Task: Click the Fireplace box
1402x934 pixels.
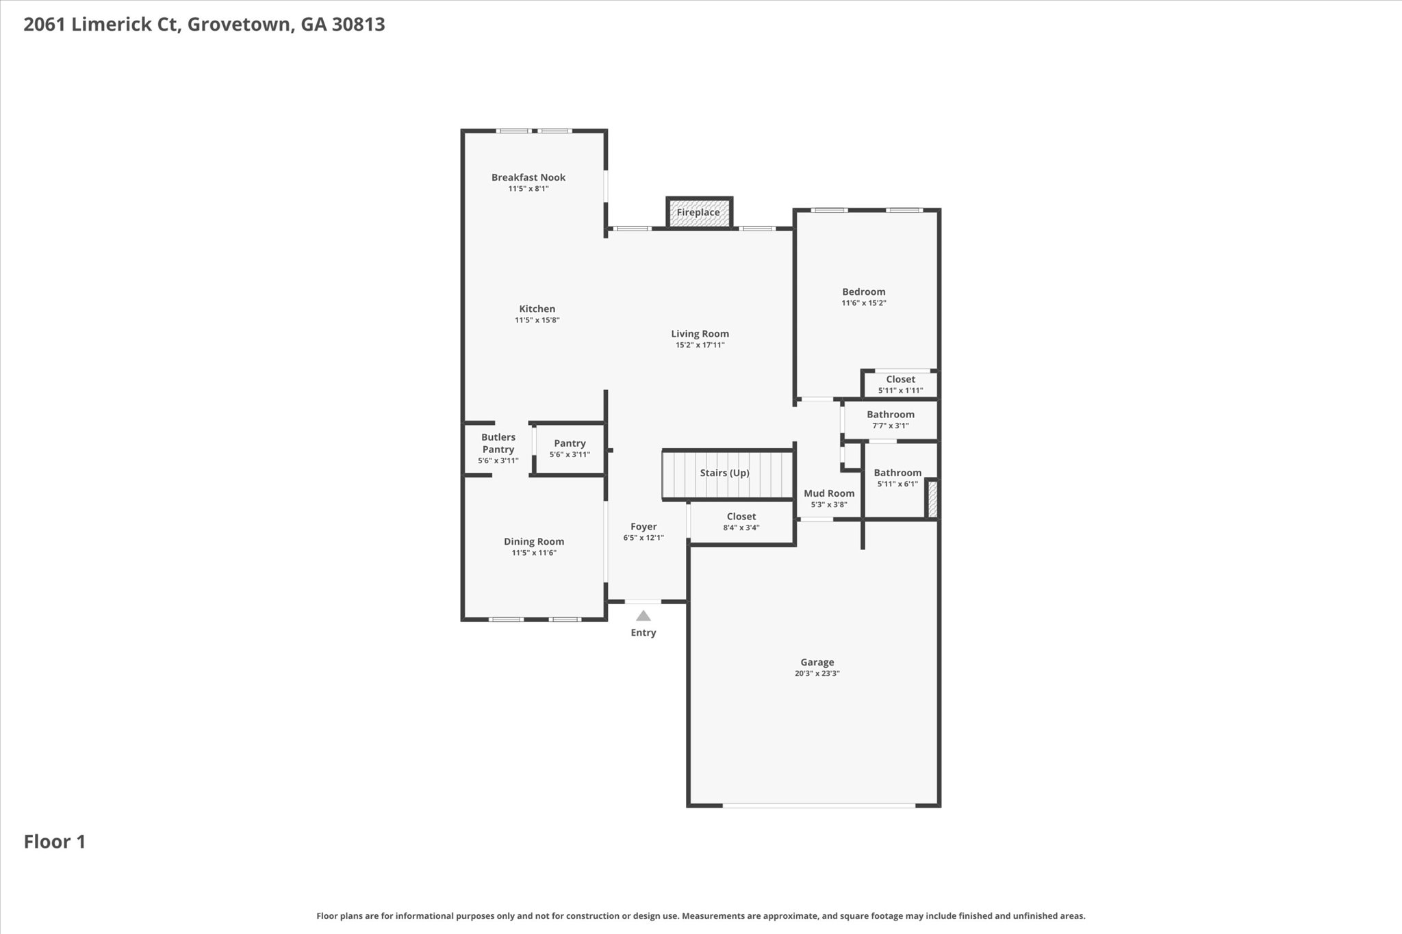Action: point(699,212)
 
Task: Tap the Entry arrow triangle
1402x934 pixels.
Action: point(643,616)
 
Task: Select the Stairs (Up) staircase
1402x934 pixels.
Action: point(727,474)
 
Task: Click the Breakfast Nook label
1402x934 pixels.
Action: point(528,177)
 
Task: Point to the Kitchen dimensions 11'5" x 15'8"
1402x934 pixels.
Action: point(537,320)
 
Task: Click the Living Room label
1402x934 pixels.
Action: point(700,334)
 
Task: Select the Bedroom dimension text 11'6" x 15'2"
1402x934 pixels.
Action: point(864,303)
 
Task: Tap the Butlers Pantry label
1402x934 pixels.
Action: point(498,443)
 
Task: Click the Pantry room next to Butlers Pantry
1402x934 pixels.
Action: point(570,448)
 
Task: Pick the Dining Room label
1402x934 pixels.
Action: point(534,542)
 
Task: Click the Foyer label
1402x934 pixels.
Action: point(643,527)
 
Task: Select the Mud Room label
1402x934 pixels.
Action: point(829,493)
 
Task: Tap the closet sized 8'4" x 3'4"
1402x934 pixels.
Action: point(741,523)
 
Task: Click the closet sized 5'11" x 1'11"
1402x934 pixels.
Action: point(900,385)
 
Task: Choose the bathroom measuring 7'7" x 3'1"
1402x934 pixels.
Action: point(891,419)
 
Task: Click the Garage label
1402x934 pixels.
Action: point(817,662)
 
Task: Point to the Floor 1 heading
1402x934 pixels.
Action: point(55,842)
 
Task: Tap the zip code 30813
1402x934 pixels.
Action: point(358,25)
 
